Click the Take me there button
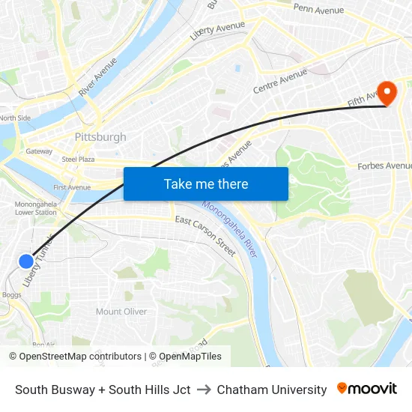[205, 184]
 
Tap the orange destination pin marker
[387, 93]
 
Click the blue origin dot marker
[25, 261]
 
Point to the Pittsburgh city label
[100, 137]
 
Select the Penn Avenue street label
[318, 9]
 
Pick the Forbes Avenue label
[384, 166]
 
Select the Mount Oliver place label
[121, 312]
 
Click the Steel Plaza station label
[78, 159]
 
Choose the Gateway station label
[39, 151]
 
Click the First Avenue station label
[71, 187]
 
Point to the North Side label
[15, 118]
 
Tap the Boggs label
[11, 294]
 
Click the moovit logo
[366, 389]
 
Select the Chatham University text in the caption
[272, 390]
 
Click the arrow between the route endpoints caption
[204, 390]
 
